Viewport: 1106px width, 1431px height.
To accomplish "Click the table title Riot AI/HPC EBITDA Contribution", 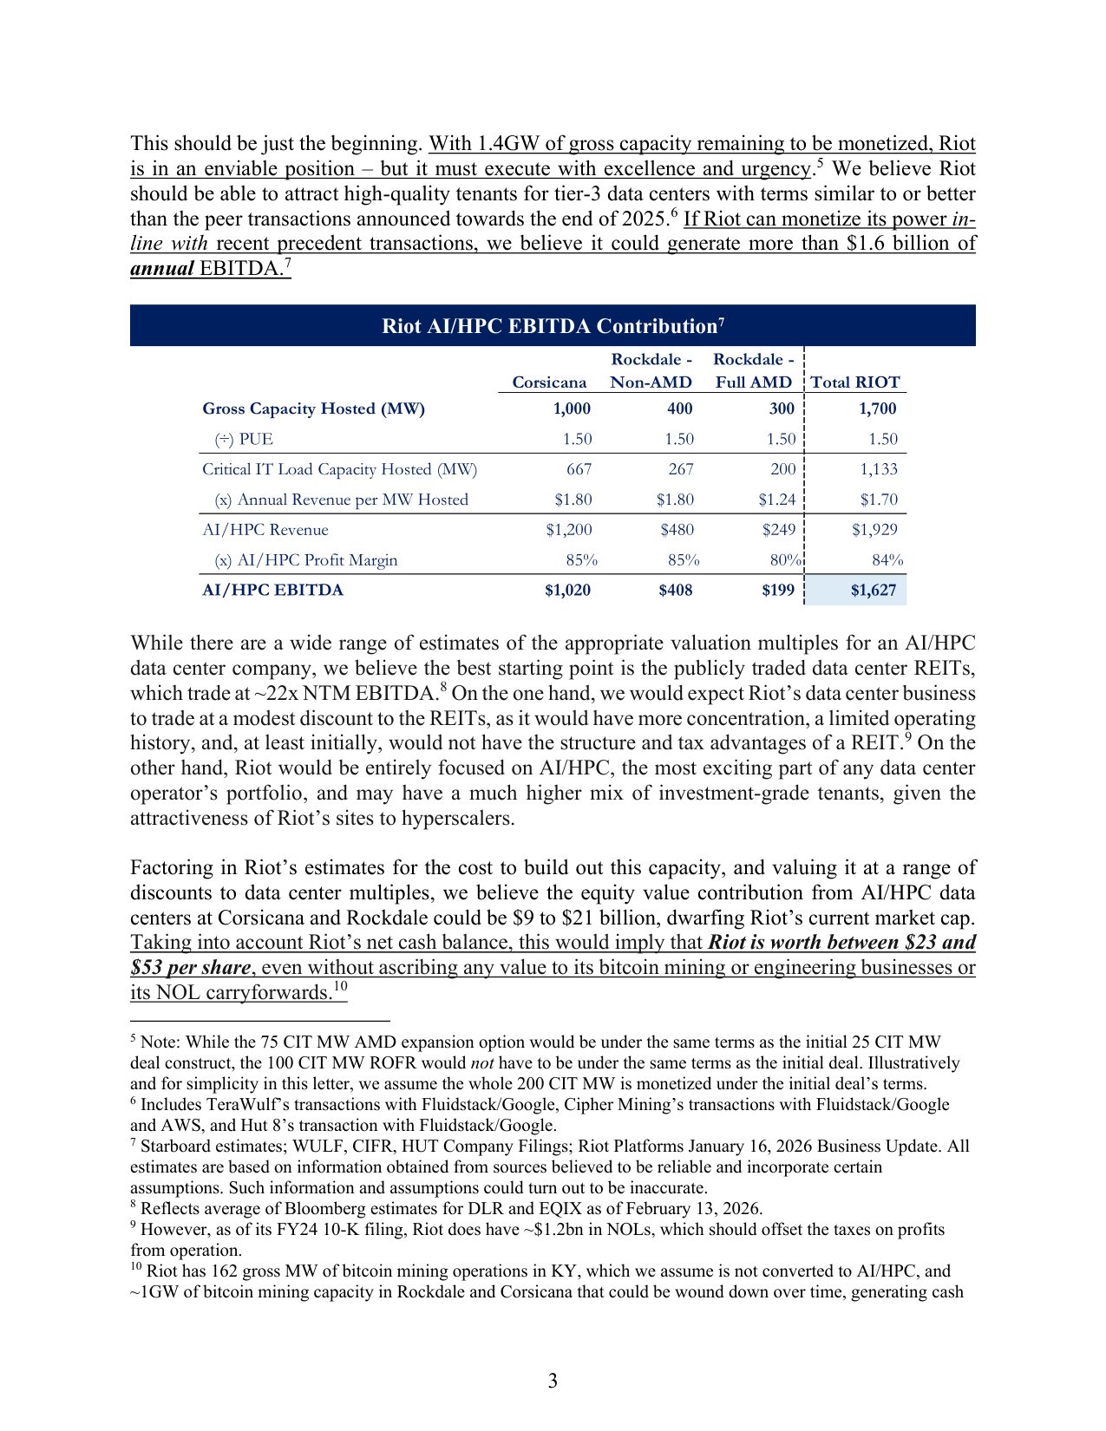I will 552,326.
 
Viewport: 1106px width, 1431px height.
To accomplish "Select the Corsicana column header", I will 549,382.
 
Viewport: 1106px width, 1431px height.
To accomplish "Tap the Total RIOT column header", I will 855,382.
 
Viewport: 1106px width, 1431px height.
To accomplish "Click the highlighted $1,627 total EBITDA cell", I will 873,591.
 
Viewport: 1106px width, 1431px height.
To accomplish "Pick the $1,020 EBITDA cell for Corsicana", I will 567,591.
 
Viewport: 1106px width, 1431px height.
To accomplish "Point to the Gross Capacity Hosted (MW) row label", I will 313,408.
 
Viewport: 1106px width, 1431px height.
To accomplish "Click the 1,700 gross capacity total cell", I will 877,408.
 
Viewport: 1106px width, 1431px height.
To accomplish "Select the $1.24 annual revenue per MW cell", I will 776,500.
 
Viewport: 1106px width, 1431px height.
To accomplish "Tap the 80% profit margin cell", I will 785,560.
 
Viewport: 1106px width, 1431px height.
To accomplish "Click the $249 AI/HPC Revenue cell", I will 778,530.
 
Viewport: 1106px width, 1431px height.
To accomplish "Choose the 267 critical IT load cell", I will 680,469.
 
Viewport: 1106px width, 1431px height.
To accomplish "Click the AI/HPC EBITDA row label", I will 272,591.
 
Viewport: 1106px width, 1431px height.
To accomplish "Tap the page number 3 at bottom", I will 553,1382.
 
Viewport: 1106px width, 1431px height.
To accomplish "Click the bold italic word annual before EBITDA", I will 161,269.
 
